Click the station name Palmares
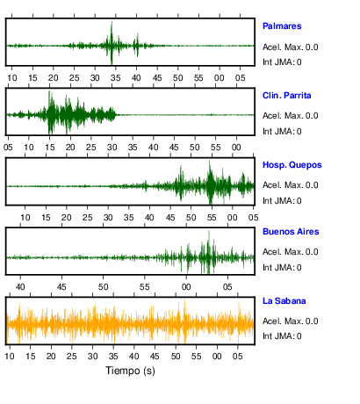coord(282,26)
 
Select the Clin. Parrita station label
coord(287,96)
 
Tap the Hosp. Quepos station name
coord(292,165)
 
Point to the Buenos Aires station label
coord(291,232)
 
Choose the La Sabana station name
coord(284,301)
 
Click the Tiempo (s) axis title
coord(130,371)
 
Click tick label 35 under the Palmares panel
coord(116,78)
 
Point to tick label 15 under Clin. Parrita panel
coord(50,148)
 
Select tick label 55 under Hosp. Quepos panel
coord(212,218)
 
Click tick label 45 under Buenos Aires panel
coord(61,287)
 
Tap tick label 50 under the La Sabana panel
coord(176,357)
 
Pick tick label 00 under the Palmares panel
coord(220,78)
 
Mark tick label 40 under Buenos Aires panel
coord(20,287)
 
